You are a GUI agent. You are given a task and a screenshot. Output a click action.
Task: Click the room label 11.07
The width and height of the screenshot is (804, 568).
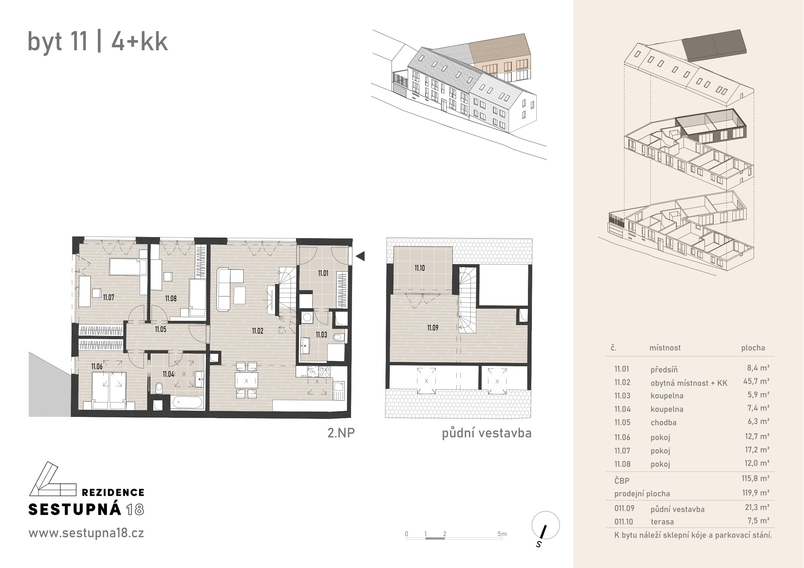[x=109, y=297]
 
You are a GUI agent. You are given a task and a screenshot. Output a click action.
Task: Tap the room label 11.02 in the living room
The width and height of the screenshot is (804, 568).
[x=258, y=331]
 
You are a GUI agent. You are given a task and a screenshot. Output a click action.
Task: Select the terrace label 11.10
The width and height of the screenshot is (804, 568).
[x=420, y=268]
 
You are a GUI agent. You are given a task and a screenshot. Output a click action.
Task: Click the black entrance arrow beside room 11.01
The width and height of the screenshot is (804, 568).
[x=360, y=256]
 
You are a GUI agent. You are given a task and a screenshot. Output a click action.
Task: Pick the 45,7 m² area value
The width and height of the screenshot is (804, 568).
[x=756, y=381]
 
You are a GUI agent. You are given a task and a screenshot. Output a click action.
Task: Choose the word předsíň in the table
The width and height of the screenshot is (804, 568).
[x=664, y=370]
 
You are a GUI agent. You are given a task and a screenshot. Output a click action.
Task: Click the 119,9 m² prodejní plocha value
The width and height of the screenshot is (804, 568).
[x=756, y=493]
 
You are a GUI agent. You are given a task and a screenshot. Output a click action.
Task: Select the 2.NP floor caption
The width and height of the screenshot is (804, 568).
[x=341, y=433]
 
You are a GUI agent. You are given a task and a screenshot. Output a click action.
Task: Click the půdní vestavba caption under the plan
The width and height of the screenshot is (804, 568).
[x=486, y=433]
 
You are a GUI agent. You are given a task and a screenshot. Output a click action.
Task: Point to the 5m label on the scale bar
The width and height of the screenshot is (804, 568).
[x=502, y=534]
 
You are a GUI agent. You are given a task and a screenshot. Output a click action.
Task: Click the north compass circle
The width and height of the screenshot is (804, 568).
[x=545, y=525]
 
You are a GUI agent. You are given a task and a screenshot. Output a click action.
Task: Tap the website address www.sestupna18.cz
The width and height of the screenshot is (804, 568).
[x=86, y=533]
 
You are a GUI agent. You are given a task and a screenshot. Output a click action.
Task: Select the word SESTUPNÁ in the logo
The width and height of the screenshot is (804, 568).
[x=75, y=510]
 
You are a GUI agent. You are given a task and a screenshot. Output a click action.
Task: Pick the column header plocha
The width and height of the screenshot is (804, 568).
[x=753, y=348]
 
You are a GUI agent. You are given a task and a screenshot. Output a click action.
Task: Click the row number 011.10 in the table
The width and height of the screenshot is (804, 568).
[x=624, y=521]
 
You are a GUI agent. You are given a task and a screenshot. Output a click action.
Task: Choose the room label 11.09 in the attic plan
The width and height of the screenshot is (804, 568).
[x=432, y=328]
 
